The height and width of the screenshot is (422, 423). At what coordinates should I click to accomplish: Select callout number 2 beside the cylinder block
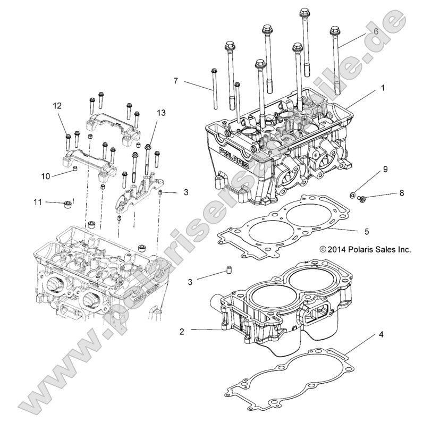coord(182,331)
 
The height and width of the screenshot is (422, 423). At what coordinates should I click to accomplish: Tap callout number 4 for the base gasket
coord(381,335)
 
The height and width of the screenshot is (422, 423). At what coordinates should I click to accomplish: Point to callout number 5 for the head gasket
coord(381,232)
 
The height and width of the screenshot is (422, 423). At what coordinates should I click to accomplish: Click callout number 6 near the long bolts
coord(376,31)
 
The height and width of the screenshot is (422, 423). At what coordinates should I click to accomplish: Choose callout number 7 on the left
coord(175,81)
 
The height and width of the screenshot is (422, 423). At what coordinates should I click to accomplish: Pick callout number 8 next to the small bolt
coord(402,193)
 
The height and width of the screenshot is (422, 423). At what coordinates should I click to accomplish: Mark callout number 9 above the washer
coord(386,170)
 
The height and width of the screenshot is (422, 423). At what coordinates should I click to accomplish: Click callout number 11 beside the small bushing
coord(37,202)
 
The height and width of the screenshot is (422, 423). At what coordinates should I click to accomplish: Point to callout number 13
coord(161,113)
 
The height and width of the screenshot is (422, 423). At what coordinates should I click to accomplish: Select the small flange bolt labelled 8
coord(362,198)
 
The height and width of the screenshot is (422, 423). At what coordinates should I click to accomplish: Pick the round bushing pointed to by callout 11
coord(68,205)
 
